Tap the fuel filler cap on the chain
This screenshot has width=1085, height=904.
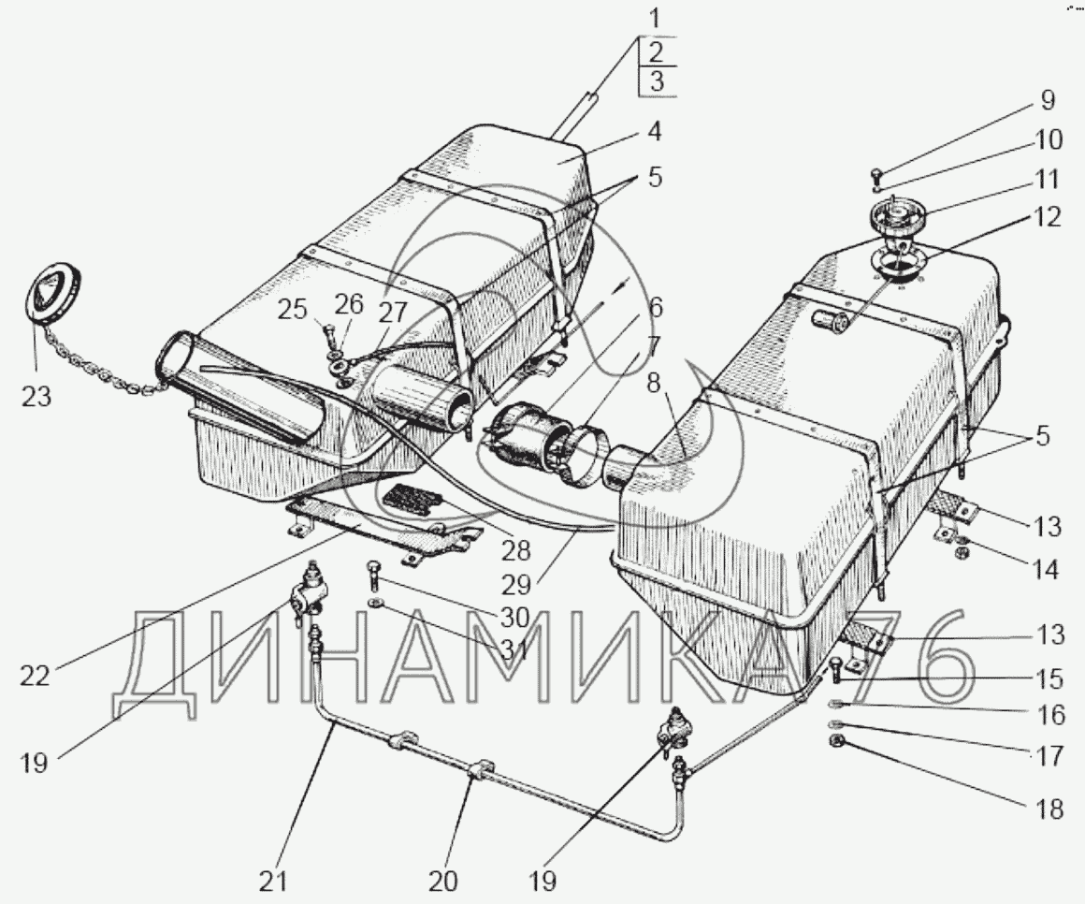tap(52, 294)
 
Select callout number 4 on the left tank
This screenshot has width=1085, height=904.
tap(654, 132)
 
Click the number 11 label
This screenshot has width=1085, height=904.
tap(1048, 179)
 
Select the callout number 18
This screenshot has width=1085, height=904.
tap(1051, 809)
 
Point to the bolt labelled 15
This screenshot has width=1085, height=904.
tap(835, 668)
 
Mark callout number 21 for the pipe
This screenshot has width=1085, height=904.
tap(274, 881)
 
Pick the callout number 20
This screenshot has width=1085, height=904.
tap(443, 881)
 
